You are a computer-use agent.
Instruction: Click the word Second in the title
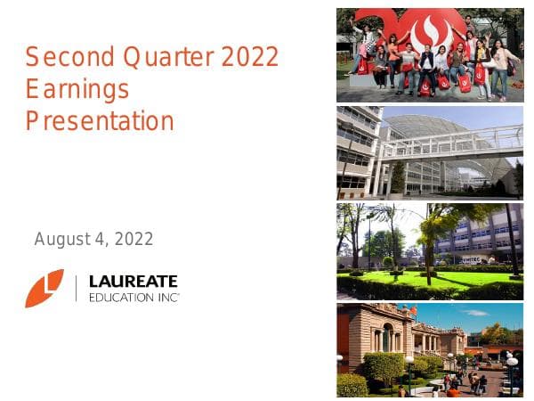coord(59,58)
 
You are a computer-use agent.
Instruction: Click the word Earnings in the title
coord(77,89)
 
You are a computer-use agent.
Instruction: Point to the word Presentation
coord(100,120)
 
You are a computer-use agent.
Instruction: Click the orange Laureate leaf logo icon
coord(44,288)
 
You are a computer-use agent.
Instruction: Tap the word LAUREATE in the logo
coord(133,282)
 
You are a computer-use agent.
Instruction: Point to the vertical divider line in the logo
coord(77,289)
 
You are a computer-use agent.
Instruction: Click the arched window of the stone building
coord(388,339)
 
